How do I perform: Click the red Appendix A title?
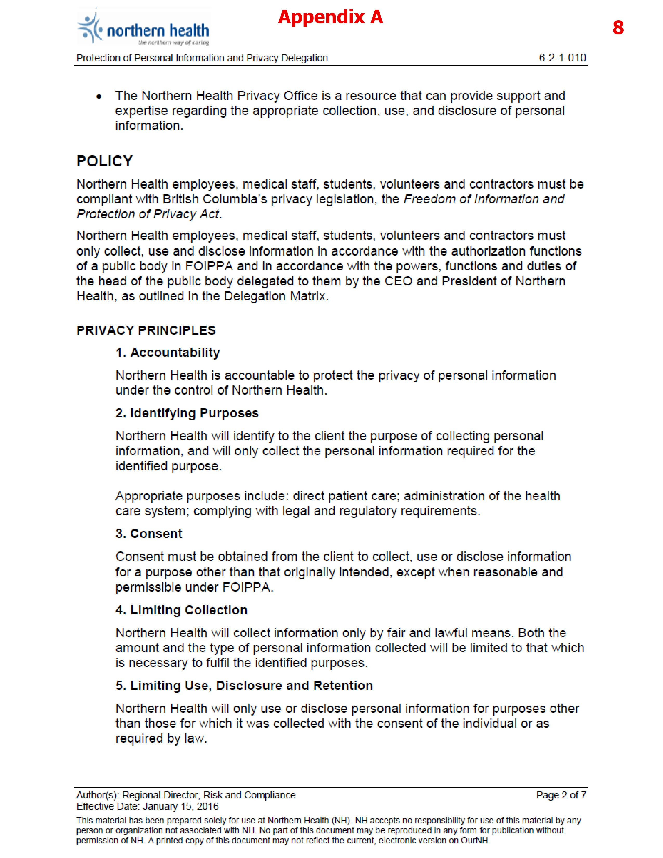[x=330, y=17]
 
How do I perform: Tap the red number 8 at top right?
[x=618, y=28]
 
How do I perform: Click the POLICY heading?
[x=105, y=161]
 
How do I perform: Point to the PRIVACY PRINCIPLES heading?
[x=146, y=330]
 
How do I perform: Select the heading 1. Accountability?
[x=168, y=352]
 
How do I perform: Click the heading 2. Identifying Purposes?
[x=187, y=413]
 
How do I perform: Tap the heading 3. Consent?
[x=149, y=534]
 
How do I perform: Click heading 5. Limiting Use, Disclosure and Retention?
[x=244, y=686]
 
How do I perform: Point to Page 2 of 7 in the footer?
[x=561, y=795]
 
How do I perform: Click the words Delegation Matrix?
[x=275, y=296]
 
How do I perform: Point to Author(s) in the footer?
[x=97, y=795]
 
